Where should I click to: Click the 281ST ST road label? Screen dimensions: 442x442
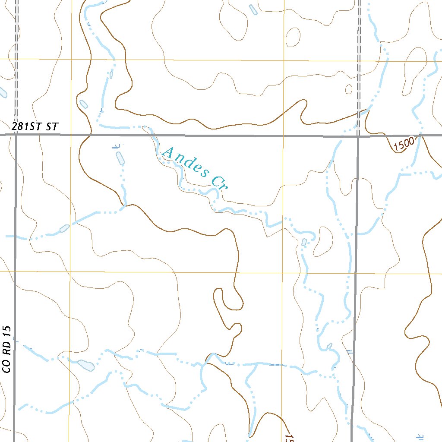(35, 127)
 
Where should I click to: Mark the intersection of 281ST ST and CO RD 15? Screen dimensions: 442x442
(16, 135)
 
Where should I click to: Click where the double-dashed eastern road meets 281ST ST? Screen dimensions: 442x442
(358, 136)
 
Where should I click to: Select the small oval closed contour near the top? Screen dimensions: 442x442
(293, 37)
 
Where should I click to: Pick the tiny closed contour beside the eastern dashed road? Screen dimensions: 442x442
(349, 89)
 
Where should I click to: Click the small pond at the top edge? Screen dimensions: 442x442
(253, 9)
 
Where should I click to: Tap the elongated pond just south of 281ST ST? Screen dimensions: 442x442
(120, 158)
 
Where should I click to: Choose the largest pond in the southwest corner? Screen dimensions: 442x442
(86, 365)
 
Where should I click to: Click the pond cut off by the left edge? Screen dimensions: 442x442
(2, 92)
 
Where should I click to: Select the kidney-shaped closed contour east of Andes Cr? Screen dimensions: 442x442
(322, 241)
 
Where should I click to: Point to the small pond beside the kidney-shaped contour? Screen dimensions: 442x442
(304, 242)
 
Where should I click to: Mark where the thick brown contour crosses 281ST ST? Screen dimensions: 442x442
(88, 135)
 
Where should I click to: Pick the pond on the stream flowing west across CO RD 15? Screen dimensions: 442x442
(64, 228)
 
